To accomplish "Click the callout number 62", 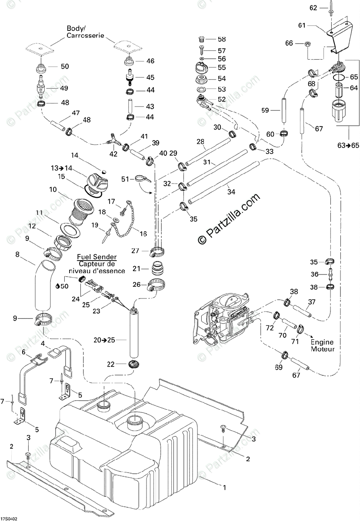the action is click(313, 8).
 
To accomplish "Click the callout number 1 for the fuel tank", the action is click(224, 487).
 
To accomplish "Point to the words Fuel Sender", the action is click(97, 257).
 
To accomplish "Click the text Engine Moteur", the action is click(323, 345).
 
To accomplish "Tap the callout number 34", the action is click(231, 192).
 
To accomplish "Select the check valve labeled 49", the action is click(41, 88).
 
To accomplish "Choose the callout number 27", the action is click(135, 251).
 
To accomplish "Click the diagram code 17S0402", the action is click(9, 518).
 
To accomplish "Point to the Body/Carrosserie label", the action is click(85, 32).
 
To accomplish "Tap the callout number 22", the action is click(111, 364).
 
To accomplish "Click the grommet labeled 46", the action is click(129, 62).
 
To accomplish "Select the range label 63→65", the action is click(348, 145).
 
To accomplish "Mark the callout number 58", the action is click(222, 39).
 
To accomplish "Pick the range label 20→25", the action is click(104, 340).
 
